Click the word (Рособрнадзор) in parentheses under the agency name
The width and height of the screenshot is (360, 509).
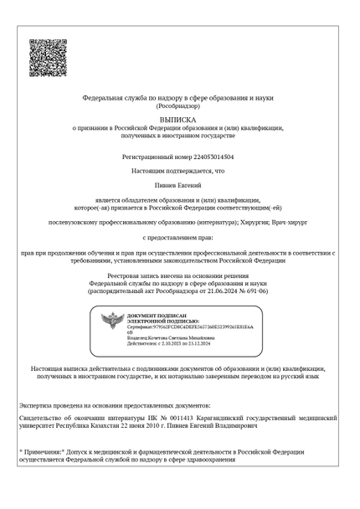click(178, 105)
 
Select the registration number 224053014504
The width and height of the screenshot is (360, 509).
click(206, 157)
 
